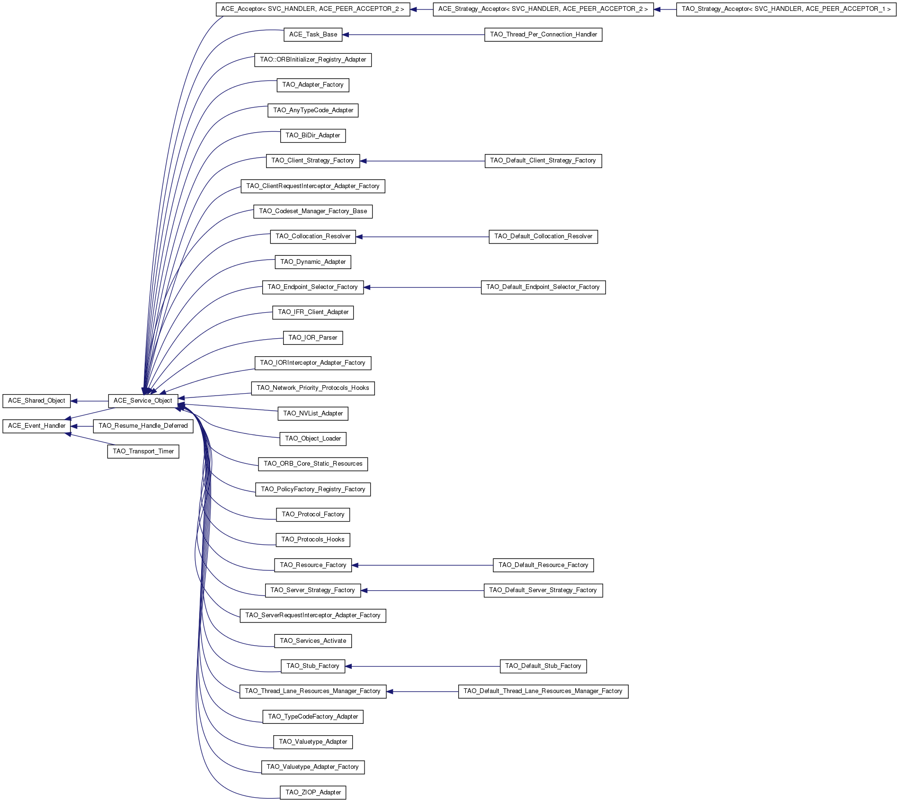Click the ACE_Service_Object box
click(x=143, y=401)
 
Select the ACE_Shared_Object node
click(x=36, y=401)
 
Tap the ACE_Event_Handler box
click(x=36, y=426)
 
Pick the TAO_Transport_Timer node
click(x=143, y=451)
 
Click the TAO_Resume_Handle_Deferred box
click(x=143, y=426)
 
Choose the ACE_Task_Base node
click(x=313, y=35)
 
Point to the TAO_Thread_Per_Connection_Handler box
click(x=543, y=35)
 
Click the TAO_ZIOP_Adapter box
click(x=313, y=793)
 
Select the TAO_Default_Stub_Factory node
click(x=543, y=666)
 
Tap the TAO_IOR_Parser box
click(x=313, y=338)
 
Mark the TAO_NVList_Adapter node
click(x=313, y=414)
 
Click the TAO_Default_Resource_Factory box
click(x=543, y=565)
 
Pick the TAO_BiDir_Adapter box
click(x=313, y=135)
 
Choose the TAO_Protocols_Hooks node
click(x=313, y=540)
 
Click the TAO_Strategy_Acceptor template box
click(x=786, y=9)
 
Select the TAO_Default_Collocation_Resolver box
click(x=543, y=236)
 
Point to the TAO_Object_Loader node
click(x=313, y=439)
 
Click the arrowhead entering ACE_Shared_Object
click(x=74, y=401)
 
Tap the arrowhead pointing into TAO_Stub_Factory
click(x=349, y=667)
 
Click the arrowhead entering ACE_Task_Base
click(x=346, y=35)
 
